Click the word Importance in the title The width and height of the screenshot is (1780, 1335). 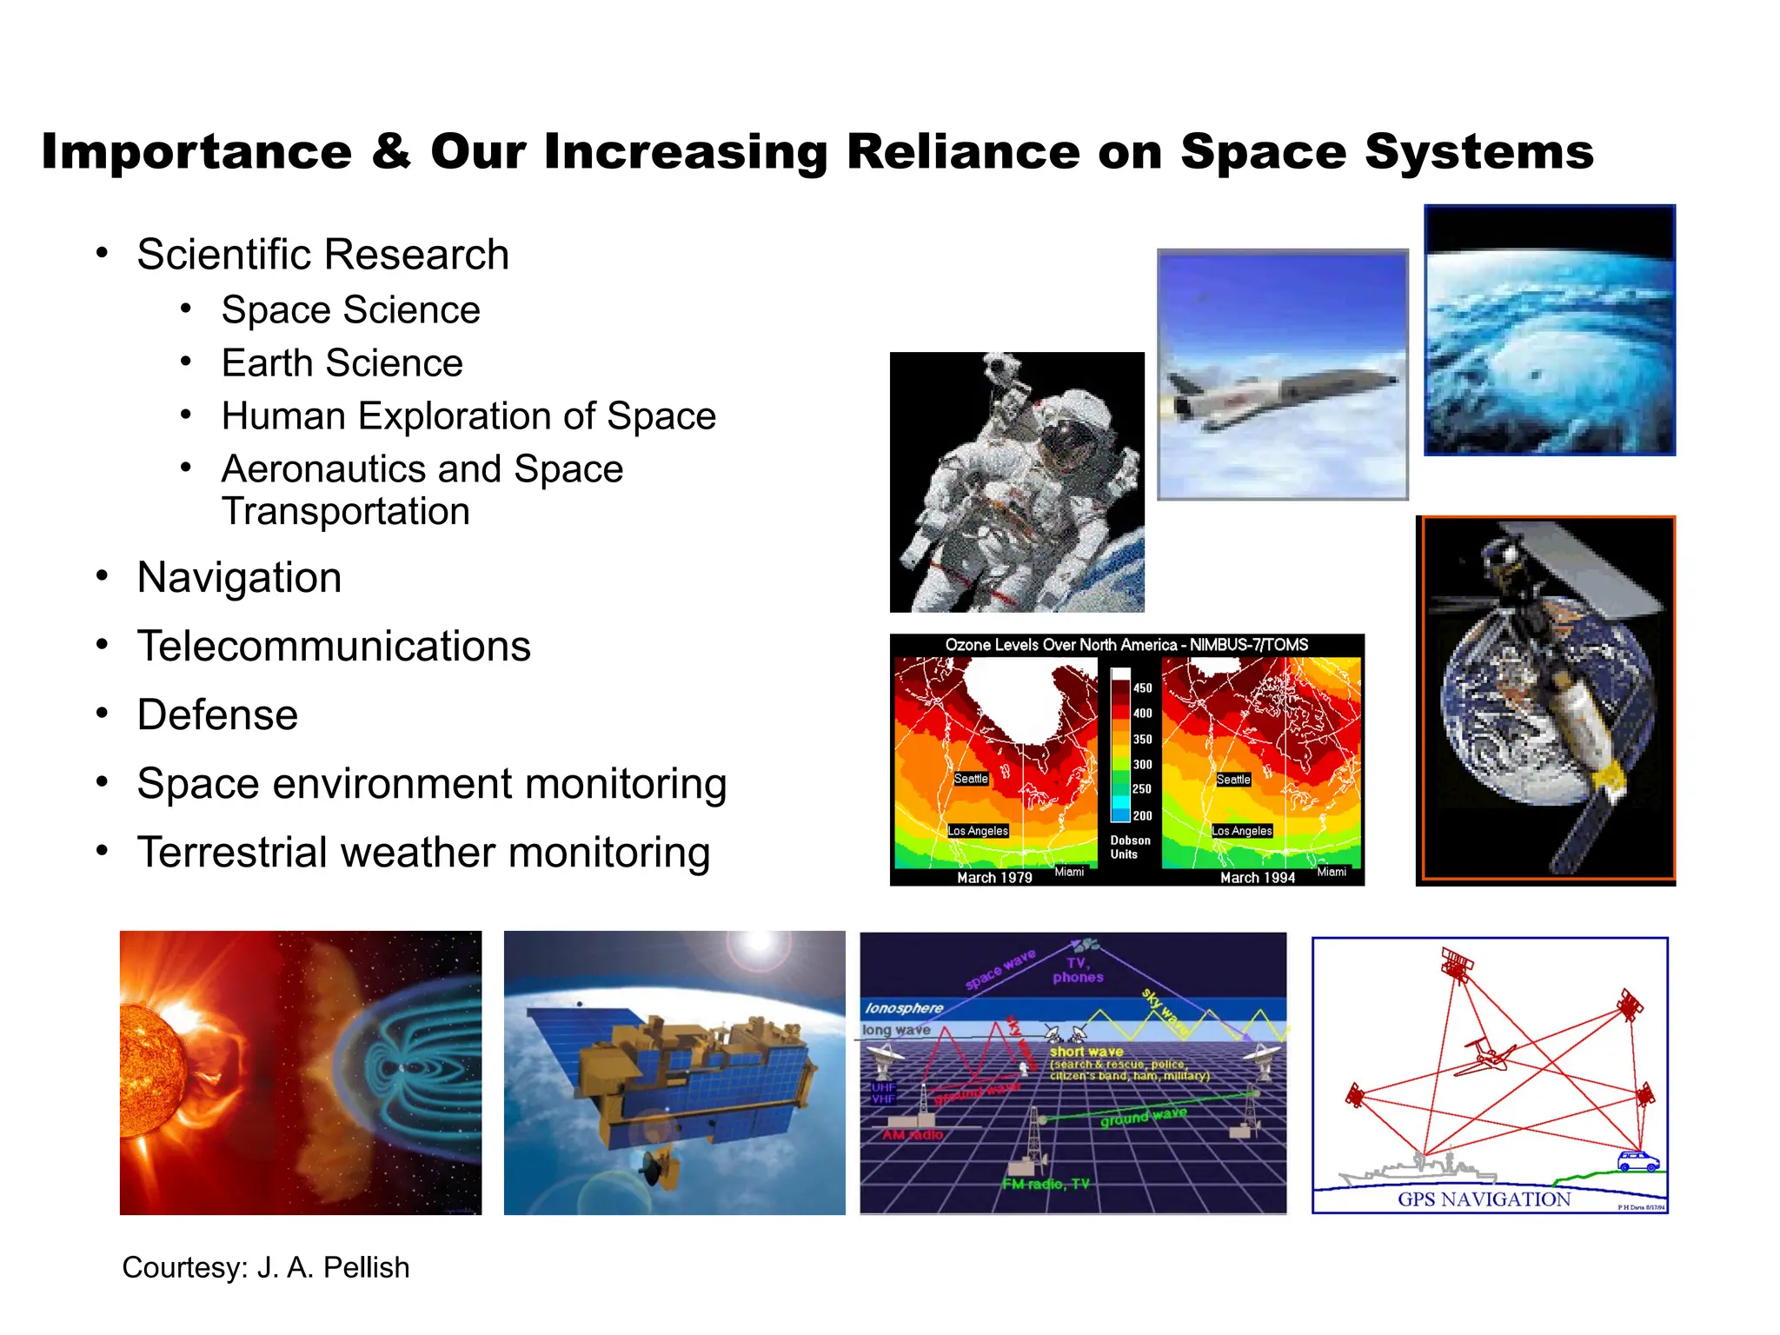click(196, 152)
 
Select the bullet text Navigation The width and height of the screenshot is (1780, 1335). click(239, 578)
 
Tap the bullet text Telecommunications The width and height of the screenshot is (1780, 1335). click(334, 647)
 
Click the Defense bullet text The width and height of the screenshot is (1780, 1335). click(217, 715)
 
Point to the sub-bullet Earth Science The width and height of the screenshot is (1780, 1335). click(342, 363)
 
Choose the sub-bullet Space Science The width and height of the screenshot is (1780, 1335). click(350, 310)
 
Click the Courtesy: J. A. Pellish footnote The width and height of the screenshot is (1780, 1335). click(265, 1267)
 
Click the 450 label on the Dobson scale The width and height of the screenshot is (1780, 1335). click(1142, 688)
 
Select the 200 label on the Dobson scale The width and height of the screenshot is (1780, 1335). click(1142, 816)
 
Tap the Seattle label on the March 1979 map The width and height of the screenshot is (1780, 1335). click(971, 779)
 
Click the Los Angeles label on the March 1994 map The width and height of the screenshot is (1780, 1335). click(1242, 831)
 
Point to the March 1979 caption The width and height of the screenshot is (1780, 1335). click(994, 878)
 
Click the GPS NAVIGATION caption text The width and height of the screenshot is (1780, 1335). click(1484, 1199)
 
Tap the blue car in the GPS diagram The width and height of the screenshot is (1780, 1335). click(1637, 1161)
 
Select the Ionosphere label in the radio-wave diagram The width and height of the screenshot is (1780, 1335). click(904, 1008)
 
